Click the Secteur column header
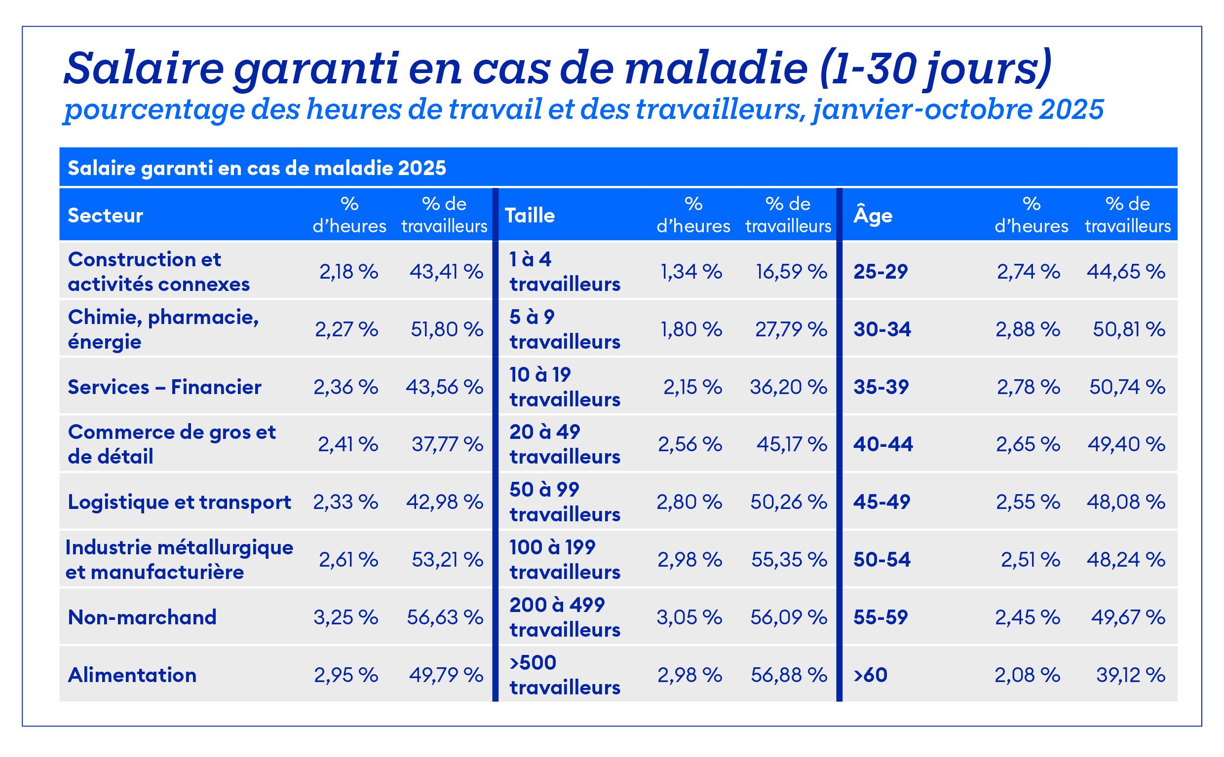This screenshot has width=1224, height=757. tap(105, 216)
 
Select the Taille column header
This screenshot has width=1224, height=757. tap(530, 216)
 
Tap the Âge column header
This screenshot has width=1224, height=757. tap(873, 216)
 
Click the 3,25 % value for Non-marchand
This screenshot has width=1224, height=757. tap(345, 617)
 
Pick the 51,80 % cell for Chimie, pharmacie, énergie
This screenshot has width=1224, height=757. tap(447, 329)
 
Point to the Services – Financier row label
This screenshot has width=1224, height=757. tap(164, 387)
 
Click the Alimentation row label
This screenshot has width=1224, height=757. tap(132, 675)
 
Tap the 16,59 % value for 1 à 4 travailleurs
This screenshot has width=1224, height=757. tap(791, 272)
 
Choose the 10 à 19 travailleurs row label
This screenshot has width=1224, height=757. tap(565, 387)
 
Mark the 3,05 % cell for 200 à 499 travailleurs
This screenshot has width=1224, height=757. tap(689, 617)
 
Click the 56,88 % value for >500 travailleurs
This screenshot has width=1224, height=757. tap(789, 675)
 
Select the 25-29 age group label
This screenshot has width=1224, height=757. tap(880, 272)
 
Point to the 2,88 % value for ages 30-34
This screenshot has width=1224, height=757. tap(1028, 329)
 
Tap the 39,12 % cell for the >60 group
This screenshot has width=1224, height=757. tap(1130, 675)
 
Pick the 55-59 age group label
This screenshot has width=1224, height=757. tap(880, 617)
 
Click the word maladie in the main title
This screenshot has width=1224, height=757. tap(716, 69)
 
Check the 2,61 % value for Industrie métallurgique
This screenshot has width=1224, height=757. tap(348, 559)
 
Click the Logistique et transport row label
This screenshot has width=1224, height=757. tap(179, 502)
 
